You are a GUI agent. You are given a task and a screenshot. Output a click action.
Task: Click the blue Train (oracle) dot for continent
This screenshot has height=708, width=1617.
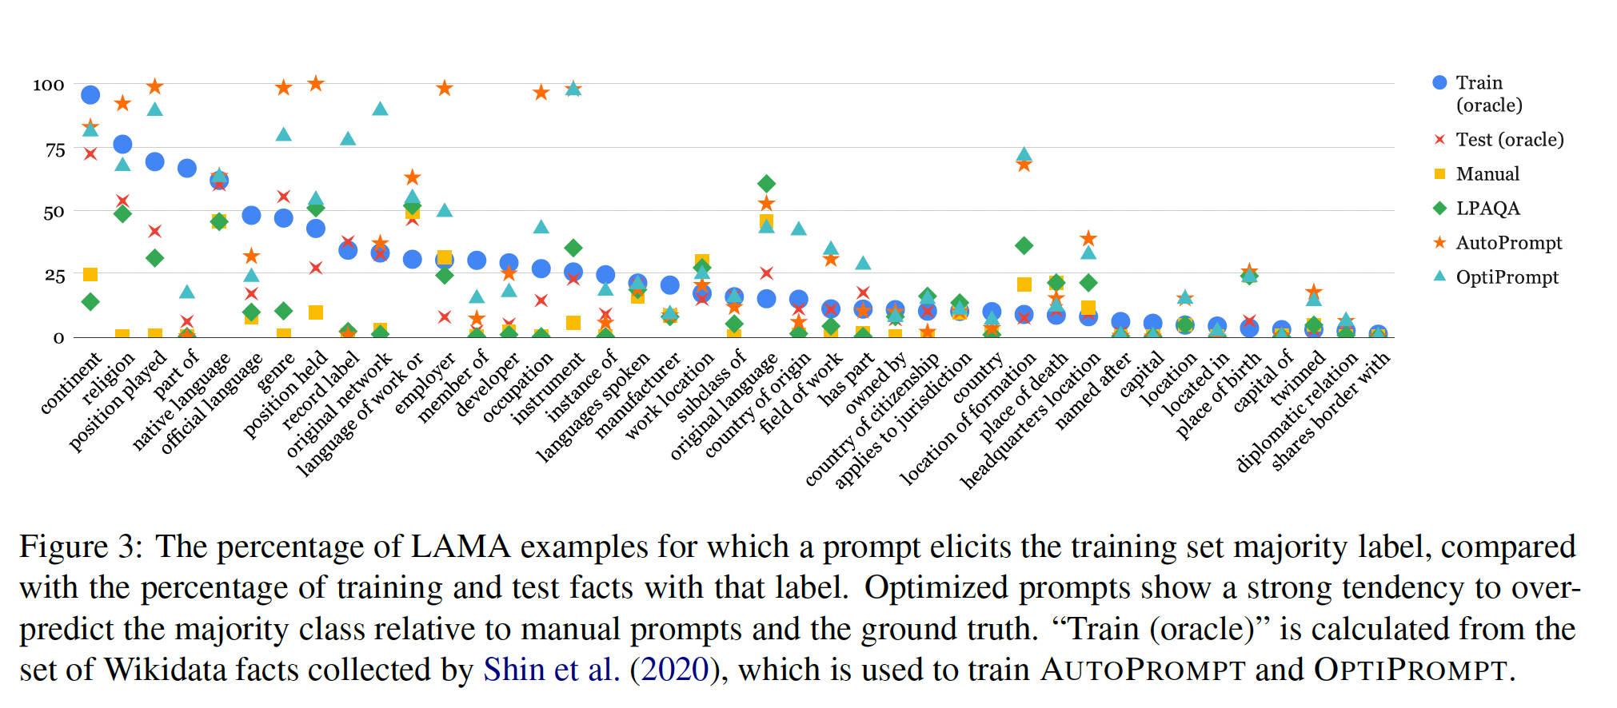click(90, 95)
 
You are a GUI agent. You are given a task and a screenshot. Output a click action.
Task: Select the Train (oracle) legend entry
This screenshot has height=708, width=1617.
click(1479, 93)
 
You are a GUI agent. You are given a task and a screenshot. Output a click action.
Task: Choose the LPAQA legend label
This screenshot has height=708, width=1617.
click(1487, 209)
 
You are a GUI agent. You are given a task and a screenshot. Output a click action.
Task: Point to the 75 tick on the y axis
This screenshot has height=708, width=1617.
click(55, 149)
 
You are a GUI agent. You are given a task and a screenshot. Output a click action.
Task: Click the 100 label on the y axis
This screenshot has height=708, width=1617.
click(49, 85)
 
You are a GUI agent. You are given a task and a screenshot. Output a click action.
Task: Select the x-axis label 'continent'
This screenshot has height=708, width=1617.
click(71, 383)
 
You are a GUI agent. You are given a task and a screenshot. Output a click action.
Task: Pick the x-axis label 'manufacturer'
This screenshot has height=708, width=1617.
click(637, 396)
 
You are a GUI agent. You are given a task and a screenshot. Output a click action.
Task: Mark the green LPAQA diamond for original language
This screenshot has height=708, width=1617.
click(766, 184)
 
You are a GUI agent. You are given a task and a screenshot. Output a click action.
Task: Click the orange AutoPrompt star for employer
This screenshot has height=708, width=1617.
click(445, 88)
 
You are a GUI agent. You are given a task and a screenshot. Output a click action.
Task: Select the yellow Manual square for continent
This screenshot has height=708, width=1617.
click(90, 275)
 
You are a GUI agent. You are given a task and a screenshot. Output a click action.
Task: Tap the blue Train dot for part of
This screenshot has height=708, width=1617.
click(187, 168)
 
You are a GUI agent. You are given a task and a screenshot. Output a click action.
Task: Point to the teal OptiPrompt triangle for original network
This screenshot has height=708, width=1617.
click(381, 109)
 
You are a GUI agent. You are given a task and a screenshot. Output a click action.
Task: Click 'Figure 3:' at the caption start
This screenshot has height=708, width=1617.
click(81, 547)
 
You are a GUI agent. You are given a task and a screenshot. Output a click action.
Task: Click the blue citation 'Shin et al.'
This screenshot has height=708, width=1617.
click(551, 670)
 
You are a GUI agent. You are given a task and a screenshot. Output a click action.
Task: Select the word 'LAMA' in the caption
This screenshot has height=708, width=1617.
click(460, 547)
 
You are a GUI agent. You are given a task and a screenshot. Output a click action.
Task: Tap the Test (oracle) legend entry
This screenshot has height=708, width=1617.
click(1508, 140)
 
